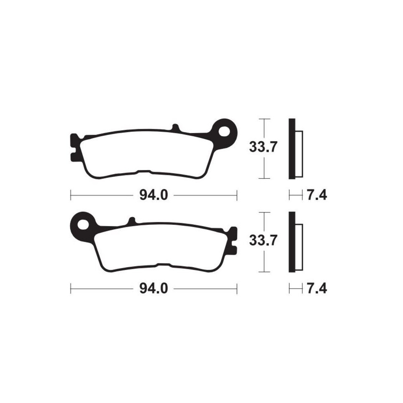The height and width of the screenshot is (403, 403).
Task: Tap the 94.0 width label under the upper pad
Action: [153, 196]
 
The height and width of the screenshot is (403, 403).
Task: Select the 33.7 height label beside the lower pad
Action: [263, 241]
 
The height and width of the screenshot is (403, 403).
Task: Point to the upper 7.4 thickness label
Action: [317, 196]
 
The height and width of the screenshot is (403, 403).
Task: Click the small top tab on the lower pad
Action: [131, 220]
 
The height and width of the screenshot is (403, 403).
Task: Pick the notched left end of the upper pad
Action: [74, 147]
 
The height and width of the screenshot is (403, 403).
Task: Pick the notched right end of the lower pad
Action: [233, 240]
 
